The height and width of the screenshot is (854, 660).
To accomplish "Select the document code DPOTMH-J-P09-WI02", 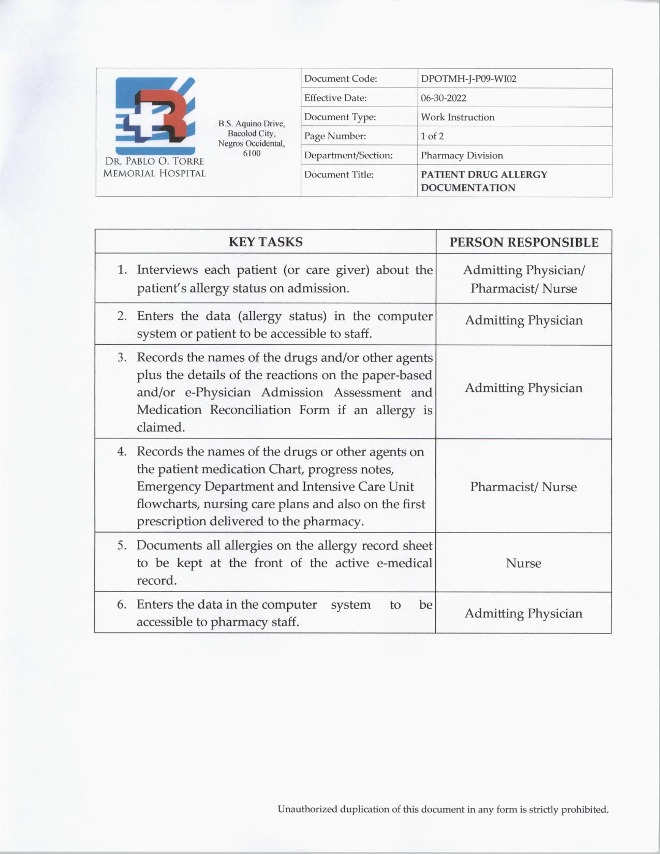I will (468, 79).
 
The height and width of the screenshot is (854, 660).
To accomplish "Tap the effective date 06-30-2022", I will (443, 98).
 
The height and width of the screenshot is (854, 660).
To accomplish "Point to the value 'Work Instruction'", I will (457, 117).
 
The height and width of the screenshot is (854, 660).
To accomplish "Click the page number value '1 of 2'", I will (432, 136).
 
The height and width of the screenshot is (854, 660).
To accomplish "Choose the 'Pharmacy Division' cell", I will (462, 155).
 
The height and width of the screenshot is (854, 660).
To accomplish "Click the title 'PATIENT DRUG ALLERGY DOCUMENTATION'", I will (483, 181).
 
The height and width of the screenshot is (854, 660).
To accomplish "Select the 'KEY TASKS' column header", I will (266, 242).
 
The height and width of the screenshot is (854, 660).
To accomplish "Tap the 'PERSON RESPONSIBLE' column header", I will (523, 242).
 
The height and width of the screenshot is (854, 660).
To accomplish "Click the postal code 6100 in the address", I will (252, 153).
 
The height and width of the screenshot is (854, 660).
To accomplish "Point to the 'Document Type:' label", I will (340, 117).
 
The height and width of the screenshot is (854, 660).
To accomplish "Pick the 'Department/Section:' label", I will (348, 155).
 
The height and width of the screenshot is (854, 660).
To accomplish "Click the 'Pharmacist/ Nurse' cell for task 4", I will (523, 487).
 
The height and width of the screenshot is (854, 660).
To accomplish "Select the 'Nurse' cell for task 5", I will (523, 563).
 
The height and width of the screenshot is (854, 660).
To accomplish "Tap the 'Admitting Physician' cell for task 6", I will (523, 613).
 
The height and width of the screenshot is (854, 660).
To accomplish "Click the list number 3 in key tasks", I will (122, 358).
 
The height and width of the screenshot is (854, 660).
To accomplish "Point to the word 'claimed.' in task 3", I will (160, 428).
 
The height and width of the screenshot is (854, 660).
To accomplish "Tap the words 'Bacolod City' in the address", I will (251, 134).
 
